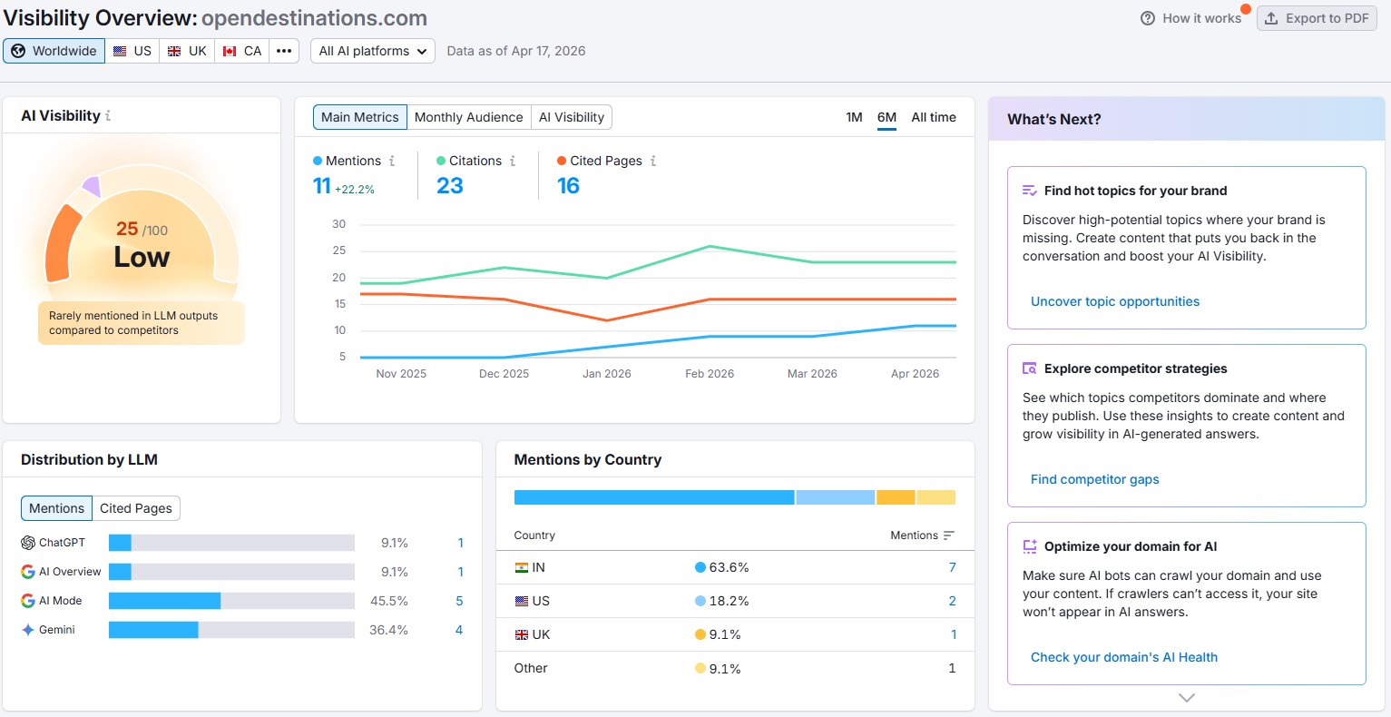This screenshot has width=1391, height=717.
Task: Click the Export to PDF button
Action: (x=1317, y=19)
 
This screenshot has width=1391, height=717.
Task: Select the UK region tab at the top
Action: (x=187, y=51)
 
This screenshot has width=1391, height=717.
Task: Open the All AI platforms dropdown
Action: (x=373, y=51)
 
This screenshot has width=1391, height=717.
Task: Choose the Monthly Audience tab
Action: (x=468, y=117)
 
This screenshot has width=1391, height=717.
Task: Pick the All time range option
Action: (x=934, y=117)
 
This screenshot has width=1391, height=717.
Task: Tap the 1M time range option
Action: (x=854, y=117)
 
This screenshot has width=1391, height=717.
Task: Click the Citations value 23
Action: (x=449, y=185)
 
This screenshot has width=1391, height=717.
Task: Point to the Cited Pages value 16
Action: (x=568, y=185)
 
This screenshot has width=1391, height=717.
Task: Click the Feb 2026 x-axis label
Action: (x=710, y=373)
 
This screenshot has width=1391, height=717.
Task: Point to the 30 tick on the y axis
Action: (x=338, y=223)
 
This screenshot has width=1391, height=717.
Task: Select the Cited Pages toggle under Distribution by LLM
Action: (x=135, y=508)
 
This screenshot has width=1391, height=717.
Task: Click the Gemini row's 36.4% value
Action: (x=388, y=629)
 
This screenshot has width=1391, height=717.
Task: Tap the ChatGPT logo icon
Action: (x=28, y=543)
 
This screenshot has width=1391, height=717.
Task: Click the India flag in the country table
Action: (x=522, y=567)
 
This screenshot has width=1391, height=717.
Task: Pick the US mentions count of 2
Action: (x=952, y=601)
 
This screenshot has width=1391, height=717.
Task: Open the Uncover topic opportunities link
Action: (x=1114, y=301)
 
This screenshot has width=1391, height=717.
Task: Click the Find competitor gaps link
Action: (x=1095, y=479)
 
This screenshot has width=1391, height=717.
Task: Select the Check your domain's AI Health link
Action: (x=1124, y=657)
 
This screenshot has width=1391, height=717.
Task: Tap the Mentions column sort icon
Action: (x=948, y=535)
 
